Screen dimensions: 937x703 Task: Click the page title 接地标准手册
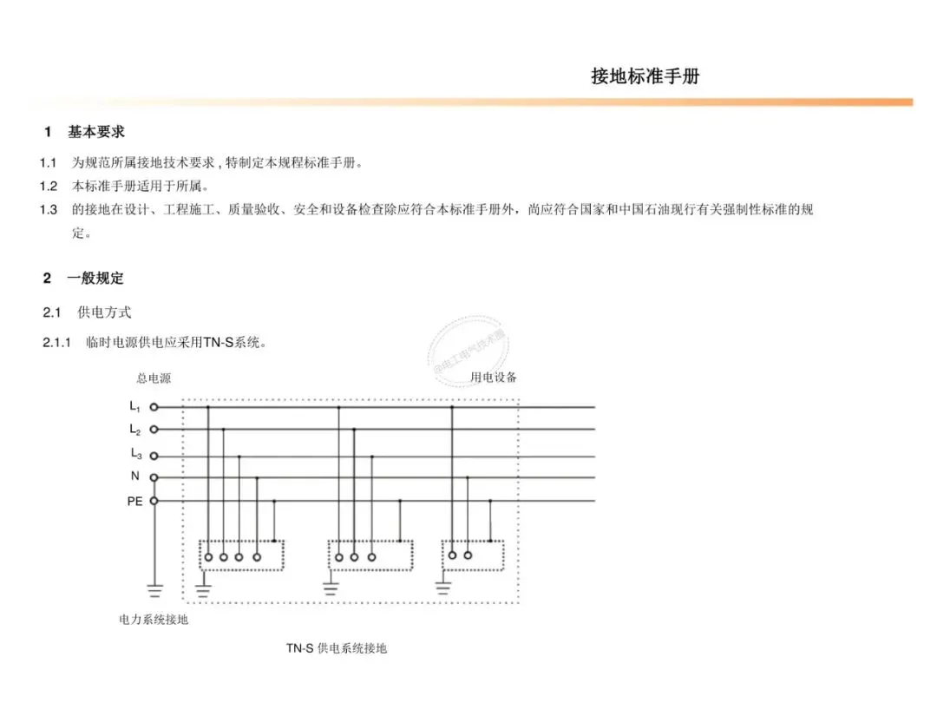click(645, 76)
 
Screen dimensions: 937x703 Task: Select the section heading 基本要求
click(96, 132)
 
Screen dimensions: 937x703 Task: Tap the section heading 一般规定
click(95, 279)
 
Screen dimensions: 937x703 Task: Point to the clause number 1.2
click(49, 186)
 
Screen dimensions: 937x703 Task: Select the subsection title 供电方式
click(105, 312)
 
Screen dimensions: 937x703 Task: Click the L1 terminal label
click(135, 406)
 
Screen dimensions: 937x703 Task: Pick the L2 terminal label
click(135, 430)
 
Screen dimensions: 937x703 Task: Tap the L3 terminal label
click(135, 453)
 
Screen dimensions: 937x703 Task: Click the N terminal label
click(135, 476)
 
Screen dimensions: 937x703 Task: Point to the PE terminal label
click(135, 501)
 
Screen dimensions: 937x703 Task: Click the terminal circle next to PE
click(154, 501)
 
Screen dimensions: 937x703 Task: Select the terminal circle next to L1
click(154, 406)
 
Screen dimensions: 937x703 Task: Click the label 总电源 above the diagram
click(154, 378)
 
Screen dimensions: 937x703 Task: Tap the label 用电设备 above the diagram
click(494, 378)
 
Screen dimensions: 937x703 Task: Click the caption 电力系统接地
click(154, 621)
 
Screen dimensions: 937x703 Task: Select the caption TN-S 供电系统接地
click(337, 648)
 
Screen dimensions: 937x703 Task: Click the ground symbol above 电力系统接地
click(154, 591)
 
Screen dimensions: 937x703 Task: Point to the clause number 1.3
click(49, 209)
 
